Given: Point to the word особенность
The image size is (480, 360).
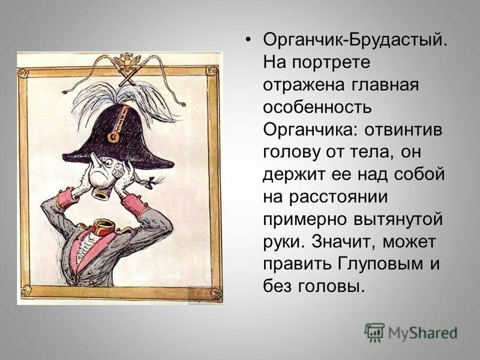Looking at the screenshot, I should tap(317, 108).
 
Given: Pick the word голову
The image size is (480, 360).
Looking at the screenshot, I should tap(293, 154).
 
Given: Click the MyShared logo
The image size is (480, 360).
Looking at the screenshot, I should tap(410, 332).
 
